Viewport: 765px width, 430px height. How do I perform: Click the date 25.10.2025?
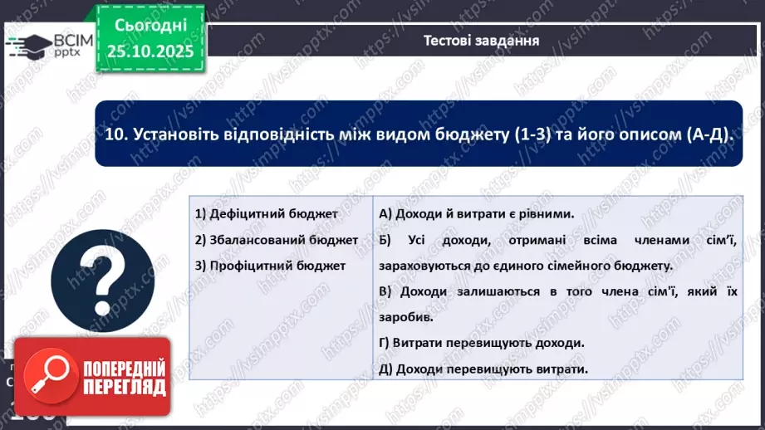(x=150, y=51)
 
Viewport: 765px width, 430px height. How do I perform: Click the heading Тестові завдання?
(x=481, y=40)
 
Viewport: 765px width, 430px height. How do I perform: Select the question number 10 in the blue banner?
(x=115, y=134)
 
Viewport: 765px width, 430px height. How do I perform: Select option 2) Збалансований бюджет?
(x=276, y=240)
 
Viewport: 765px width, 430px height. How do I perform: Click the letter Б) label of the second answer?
(x=384, y=240)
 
